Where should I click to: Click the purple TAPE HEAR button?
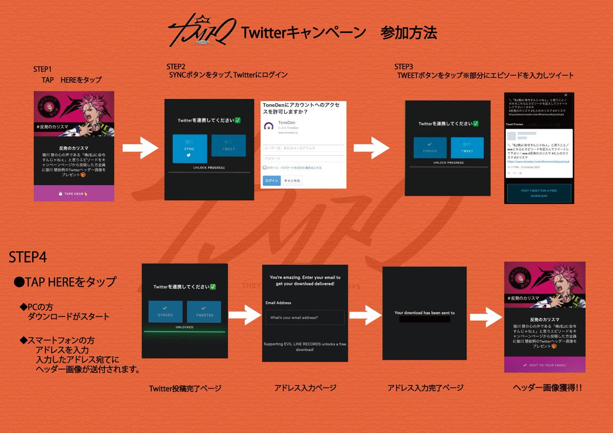[73, 194]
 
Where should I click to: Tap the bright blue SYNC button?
[190, 149]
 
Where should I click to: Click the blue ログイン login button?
[272, 181]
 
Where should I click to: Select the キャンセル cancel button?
[292, 181]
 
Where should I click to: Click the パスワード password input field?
[303, 158]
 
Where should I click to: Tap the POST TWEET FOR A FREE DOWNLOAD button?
[538, 193]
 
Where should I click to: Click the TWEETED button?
[204, 311]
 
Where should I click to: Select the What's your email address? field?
[304, 318]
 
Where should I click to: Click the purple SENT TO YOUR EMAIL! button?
[545, 365]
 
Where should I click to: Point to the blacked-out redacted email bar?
[425, 319]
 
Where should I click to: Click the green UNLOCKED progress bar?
[184, 332]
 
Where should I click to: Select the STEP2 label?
[176, 67]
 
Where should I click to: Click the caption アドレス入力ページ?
[305, 388]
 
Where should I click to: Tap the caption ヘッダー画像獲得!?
[547, 388]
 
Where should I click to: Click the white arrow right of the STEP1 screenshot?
[141, 149]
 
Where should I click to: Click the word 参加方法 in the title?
[408, 33]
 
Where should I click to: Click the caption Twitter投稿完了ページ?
[185, 389]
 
